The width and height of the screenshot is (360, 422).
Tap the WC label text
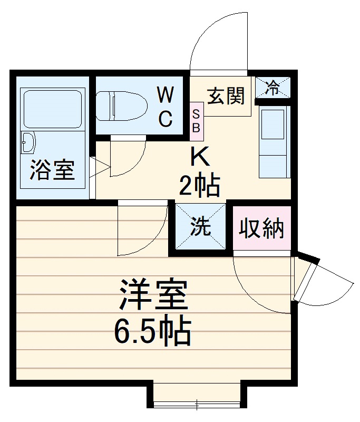click(166, 108)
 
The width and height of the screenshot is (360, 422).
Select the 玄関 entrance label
click(226, 96)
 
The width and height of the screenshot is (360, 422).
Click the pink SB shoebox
click(196, 120)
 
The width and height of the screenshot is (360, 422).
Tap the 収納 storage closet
click(262, 228)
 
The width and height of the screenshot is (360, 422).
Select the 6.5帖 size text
click(153, 330)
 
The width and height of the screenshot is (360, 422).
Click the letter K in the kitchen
click(200, 157)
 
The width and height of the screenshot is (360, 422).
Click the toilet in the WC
click(122, 105)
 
